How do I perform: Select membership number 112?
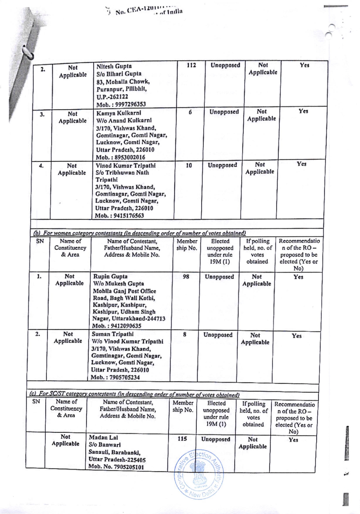[x=191, y=65]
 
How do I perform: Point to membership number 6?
[x=190, y=112]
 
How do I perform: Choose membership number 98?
[x=186, y=276]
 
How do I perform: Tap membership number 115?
[x=182, y=438]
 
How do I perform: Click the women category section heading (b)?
[x=139, y=233]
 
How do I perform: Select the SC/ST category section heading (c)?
[x=135, y=395]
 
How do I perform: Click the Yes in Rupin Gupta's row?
[x=298, y=277]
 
